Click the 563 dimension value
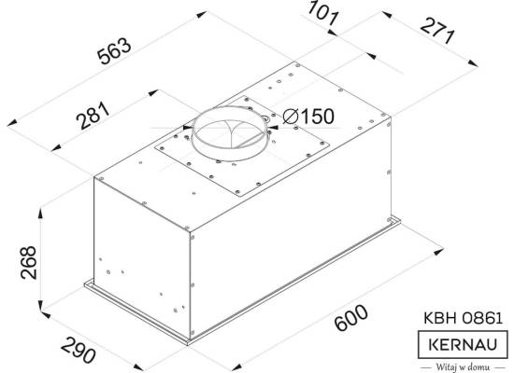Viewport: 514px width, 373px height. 115,51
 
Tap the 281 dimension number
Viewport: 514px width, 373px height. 93,116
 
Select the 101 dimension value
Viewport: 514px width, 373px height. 322,13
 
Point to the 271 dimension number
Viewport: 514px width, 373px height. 437,32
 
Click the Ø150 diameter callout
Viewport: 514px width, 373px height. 308,117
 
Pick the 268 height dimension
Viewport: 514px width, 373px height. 28,262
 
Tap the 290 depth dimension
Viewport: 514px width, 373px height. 79,351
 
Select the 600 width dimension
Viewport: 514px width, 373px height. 350,318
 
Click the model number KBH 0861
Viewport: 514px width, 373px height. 463,318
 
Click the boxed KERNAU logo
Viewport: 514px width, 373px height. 463,344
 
